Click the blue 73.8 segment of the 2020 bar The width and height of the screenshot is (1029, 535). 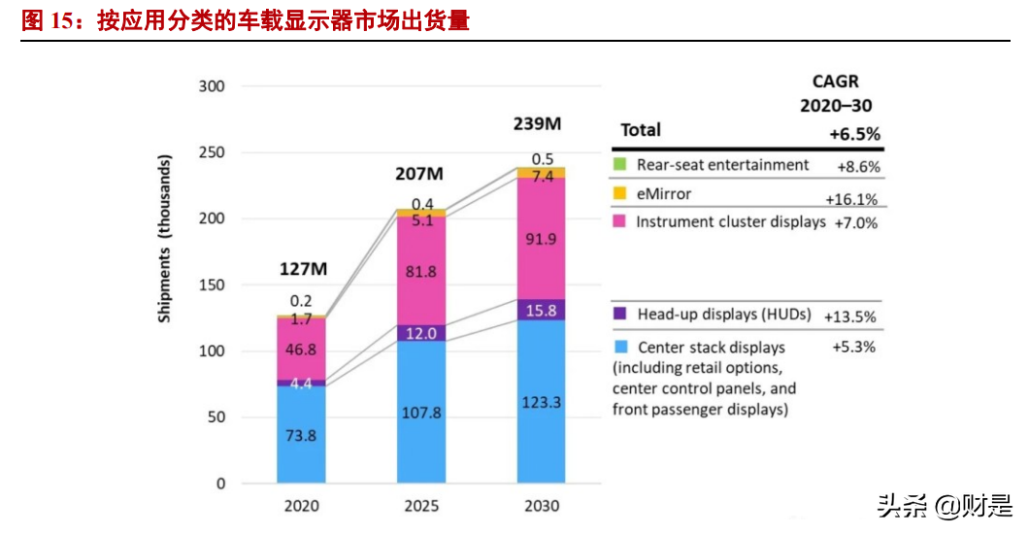coord(301,435)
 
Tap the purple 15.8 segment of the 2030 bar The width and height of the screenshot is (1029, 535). coord(541,310)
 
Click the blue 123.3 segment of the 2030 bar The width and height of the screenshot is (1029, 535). coord(541,401)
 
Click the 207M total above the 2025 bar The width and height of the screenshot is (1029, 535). coord(418,174)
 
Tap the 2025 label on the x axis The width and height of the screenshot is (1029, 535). coord(421,506)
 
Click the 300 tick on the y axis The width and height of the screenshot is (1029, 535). coord(212,86)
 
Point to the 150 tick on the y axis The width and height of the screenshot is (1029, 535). coord(212,285)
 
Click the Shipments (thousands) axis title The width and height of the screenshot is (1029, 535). coord(166,237)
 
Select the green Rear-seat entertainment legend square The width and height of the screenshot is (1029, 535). coord(618,165)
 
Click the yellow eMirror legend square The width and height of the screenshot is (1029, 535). coord(618,194)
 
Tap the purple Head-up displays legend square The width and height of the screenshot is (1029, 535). coord(618,315)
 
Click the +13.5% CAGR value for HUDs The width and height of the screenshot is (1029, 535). coord(850,317)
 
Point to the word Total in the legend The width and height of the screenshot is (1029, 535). coord(641,130)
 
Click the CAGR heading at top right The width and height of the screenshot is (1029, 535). coord(835,83)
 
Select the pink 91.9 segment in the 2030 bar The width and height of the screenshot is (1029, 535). coord(541,239)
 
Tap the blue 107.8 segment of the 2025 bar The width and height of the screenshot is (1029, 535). coord(421,413)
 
